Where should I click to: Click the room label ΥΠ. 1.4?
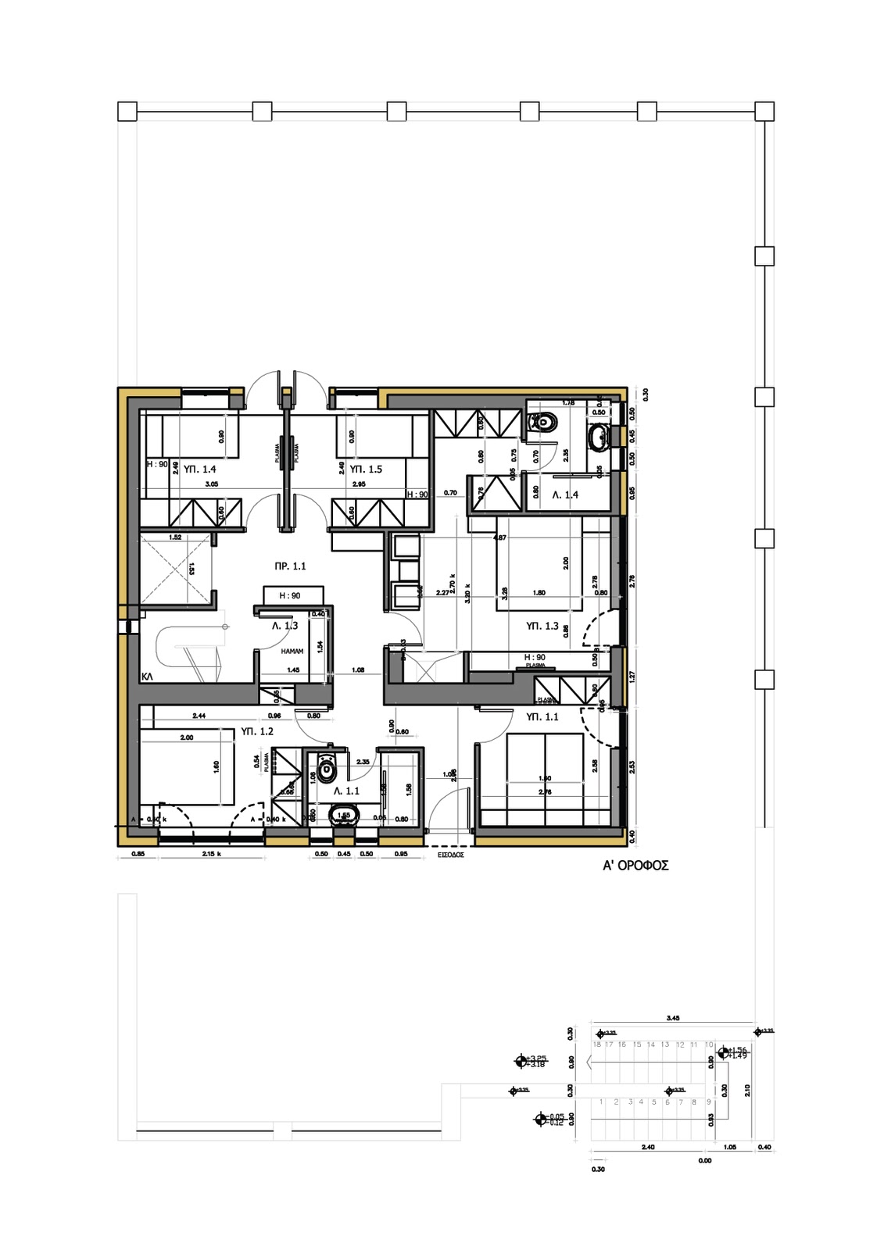(199, 470)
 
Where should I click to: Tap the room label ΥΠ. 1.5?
(366, 470)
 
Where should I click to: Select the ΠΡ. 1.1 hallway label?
(290, 566)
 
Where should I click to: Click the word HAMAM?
(292, 651)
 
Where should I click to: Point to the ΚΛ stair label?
(147, 677)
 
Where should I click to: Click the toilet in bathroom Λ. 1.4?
(545, 422)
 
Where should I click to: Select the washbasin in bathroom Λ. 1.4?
(599, 437)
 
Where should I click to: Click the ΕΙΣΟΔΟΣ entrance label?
(451, 855)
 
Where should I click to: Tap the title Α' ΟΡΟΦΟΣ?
(635, 866)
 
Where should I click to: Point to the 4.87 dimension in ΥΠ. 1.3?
(500, 537)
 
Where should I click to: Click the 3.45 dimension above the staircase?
(672, 1018)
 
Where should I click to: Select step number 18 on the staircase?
(597, 1045)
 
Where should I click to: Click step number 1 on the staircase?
(603, 1102)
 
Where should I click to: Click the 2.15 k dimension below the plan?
(211, 854)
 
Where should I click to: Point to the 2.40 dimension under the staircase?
(647, 1148)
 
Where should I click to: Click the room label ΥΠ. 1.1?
(542, 717)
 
